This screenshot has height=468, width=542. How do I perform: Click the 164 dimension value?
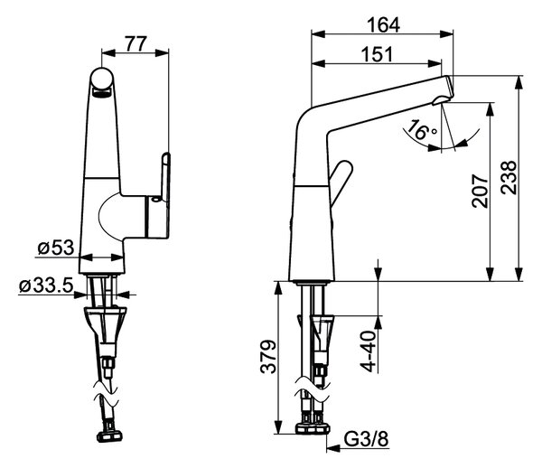click(383, 24)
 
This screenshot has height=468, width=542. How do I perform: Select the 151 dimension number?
click(377, 54)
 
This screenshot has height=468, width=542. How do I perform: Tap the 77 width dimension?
click(135, 43)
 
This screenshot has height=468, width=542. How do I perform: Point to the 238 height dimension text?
click(509, 177)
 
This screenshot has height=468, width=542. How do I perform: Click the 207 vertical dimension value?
click(480, 191)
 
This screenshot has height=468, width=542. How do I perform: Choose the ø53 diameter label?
click(56, 248)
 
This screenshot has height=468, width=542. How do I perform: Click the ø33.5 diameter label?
click(46, 285)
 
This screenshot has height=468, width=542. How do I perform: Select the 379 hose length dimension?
click(268, 357)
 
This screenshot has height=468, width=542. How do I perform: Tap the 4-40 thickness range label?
click(369, 351)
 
